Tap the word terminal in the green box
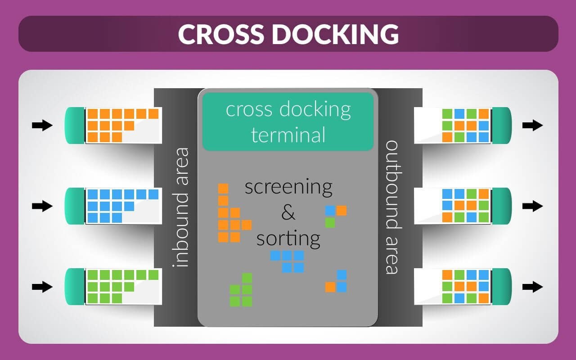[x=288, y=135]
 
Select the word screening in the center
[x=288, y=187]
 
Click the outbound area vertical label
[x=392, y=207]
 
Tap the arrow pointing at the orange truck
[x=42, y=126]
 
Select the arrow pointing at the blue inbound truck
[x=42, y=206]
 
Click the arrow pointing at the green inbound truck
[x=42, y=287]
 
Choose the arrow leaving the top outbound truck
[x=533, y=126]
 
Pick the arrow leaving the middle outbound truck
[x=533, y=206]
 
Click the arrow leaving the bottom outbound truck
[x=533, y=287]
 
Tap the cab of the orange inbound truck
[x=75, y=126]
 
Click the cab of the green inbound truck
[x=75, y=287]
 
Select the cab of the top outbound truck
[x=502, y=126]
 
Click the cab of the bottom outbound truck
[x=502, y=287]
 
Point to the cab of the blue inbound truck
[x=75, y=206]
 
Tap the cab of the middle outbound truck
[x=502, y=206]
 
